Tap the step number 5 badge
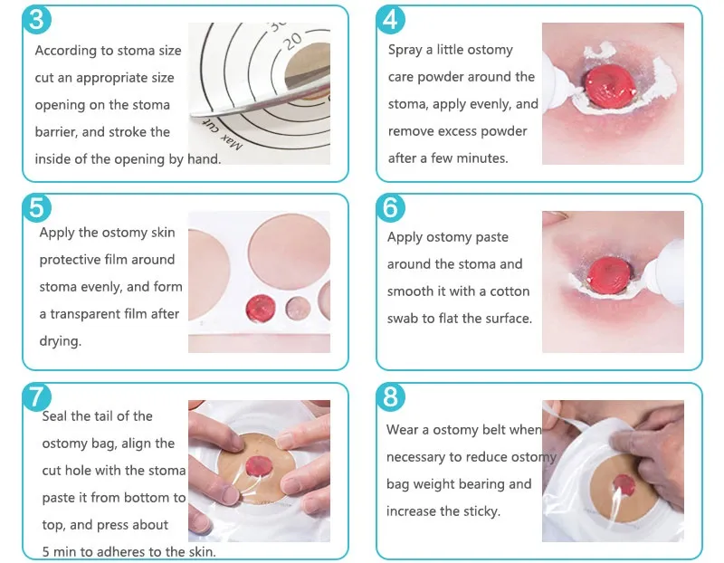(x=35, y=207)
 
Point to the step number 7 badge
(x=35, y=396)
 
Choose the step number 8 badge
(x=390, y=396)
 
